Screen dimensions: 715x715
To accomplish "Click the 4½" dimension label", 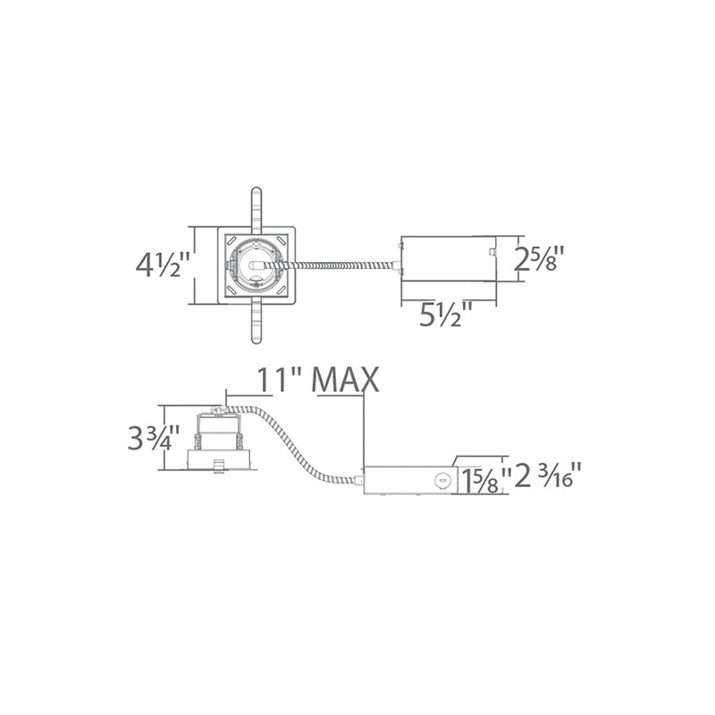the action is (163, 265).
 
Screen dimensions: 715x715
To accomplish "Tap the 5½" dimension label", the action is (446, 314).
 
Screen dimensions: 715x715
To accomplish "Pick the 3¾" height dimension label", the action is (154, 438).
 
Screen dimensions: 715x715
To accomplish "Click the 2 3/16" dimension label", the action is (548, 475).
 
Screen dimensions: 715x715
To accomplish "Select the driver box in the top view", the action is (449, 258).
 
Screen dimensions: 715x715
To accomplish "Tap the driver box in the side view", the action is (409, 481).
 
